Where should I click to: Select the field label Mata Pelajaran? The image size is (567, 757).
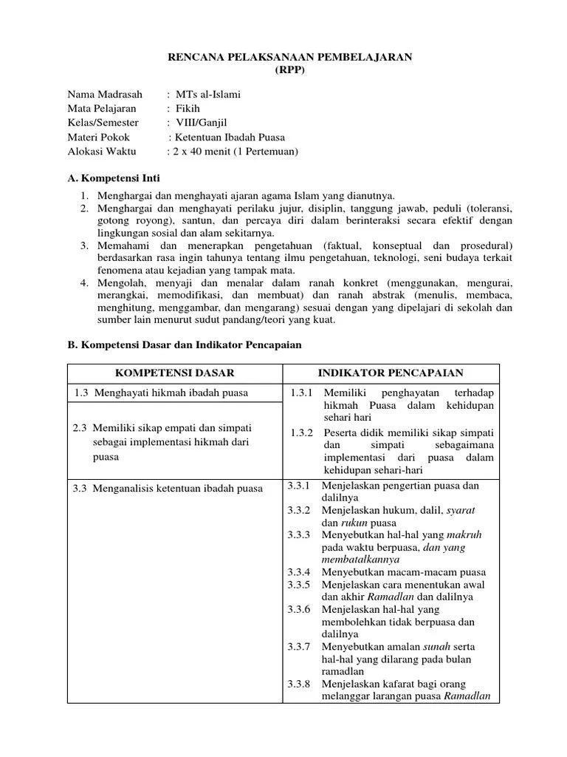click(x=102, y=109)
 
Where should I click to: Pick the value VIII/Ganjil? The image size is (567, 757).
click(x=199, y=123)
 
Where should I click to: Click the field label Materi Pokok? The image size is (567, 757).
click(x=98, y=138)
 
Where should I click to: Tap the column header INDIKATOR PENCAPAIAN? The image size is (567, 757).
click(x=391, y=373)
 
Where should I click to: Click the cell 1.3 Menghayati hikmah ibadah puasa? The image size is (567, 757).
click(x=162, y=393)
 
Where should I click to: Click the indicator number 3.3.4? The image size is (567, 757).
click(x=300, y=572)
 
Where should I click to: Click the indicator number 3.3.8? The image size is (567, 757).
click(x=300, y=684)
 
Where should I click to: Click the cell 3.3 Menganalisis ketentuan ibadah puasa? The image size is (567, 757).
click(x=168, y=488)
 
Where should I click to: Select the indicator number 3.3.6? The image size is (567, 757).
click(x=300, y=609)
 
